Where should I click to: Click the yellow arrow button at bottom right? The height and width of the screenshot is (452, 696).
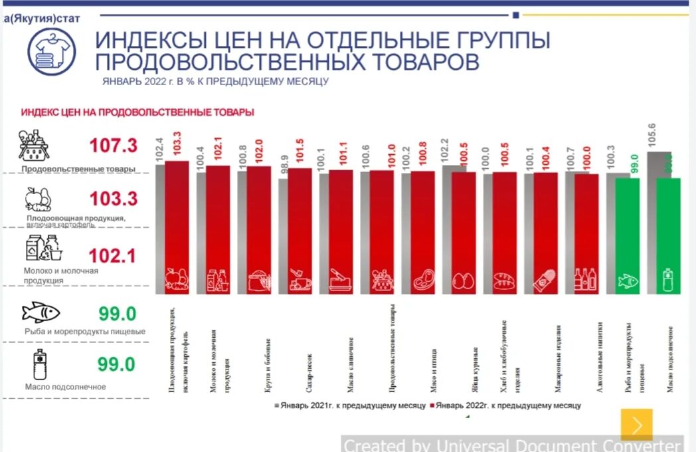tap(636, 424)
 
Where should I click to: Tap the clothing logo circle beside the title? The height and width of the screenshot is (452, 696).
tap(51, 51)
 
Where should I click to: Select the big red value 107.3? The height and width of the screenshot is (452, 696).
tap(112, 146)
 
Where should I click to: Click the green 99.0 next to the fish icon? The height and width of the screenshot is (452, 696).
tap(117, 313)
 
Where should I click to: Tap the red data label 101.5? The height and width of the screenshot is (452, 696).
tap(300, 154)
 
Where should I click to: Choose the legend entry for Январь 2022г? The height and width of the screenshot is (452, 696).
tap(505, 405)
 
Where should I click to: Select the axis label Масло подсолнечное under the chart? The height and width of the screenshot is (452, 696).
tap(671, 358)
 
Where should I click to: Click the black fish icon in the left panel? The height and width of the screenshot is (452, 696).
tap(41, 312)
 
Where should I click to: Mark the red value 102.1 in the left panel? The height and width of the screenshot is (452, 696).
tap(112, 256)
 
